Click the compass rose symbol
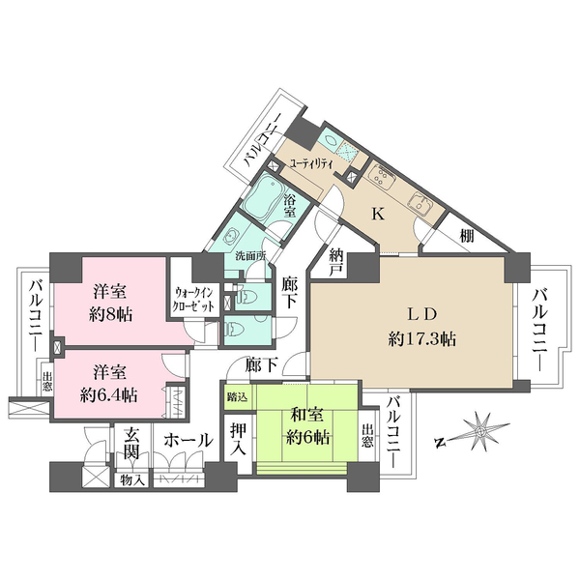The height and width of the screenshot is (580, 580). point(478,431)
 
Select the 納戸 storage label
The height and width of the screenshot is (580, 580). point(336,260)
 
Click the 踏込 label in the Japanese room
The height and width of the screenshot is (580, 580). point(237,396)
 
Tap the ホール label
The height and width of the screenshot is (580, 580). point(188,440)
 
